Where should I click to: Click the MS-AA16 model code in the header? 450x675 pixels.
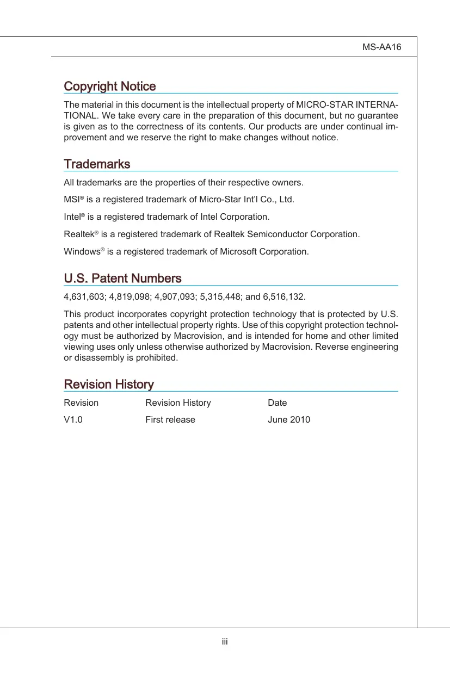(x=381, y=47)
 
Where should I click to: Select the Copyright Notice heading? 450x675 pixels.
(x=110, y=86)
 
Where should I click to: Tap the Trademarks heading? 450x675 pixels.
(x=97, y=164)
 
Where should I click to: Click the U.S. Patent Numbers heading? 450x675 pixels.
(x=122, y=278)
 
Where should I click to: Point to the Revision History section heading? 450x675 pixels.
(x=109, y=385)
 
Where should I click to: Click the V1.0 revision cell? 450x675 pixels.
(x=73, y=420)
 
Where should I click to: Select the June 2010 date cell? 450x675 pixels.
(x=289, y=420)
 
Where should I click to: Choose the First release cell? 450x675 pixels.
(x=170, y=420)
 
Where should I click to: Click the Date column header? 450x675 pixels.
(x=278, y=403)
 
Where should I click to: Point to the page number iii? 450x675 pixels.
(x=225, y=642)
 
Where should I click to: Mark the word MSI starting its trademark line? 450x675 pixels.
(x=72, y=200)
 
